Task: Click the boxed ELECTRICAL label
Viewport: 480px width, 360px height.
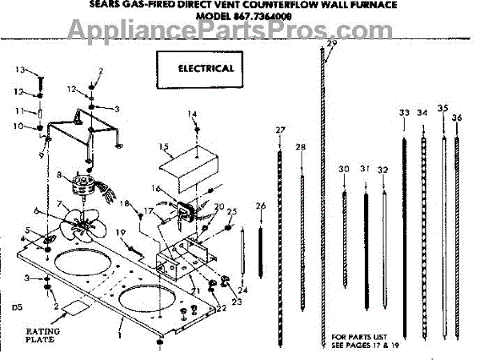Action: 206,68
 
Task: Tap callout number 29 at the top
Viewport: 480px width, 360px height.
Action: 332,44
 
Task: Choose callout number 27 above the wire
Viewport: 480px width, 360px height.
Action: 280,130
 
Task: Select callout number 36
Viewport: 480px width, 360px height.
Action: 457,118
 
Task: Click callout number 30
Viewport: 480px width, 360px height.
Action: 344,169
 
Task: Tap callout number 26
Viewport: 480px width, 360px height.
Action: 260,206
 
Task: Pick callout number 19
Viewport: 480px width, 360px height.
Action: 122,233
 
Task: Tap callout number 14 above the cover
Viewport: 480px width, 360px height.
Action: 192,114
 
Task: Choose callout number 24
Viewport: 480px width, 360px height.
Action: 242,290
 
